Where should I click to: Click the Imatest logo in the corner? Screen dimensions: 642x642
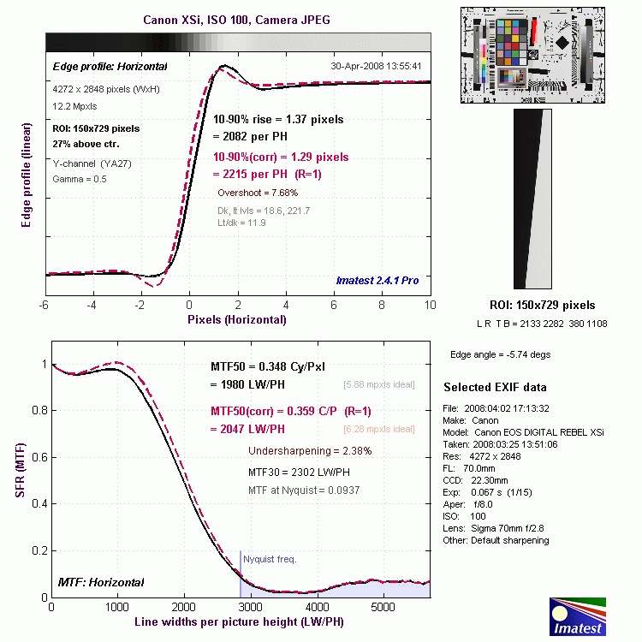(577, 617)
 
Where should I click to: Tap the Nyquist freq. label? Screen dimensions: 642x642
(270, 559)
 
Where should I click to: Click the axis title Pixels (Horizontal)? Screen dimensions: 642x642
(237, 319)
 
